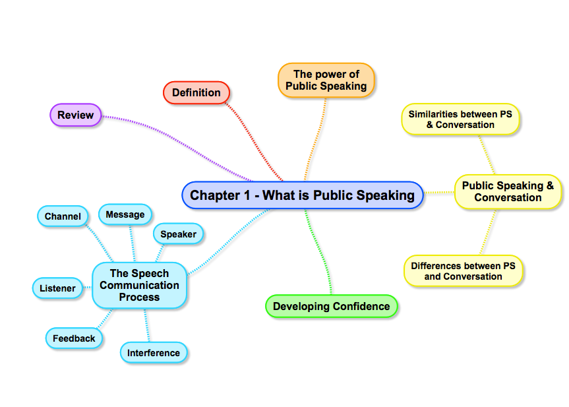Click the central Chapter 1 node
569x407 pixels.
click(303, 195)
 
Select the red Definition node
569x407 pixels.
click(196, 93)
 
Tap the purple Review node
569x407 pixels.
click(76, 115)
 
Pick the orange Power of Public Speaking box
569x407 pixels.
click(326, 80)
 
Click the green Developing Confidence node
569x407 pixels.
click(332, 306)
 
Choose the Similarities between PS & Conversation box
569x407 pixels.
click(460, 119)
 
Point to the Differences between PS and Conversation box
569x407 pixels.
click(463, 271)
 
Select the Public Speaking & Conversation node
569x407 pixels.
click(508, 191)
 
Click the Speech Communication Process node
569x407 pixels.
click(139, 285)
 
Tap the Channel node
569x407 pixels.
click(63, 216)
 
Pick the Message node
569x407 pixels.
click(125, 214)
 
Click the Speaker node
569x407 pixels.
click(179, 234)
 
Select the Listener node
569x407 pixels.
click(57, 288)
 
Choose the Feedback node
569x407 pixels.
click(74, 338)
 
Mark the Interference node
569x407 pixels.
click(154, 353)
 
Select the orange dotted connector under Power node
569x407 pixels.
click(315, 139)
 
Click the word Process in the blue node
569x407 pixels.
click(139, 297)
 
